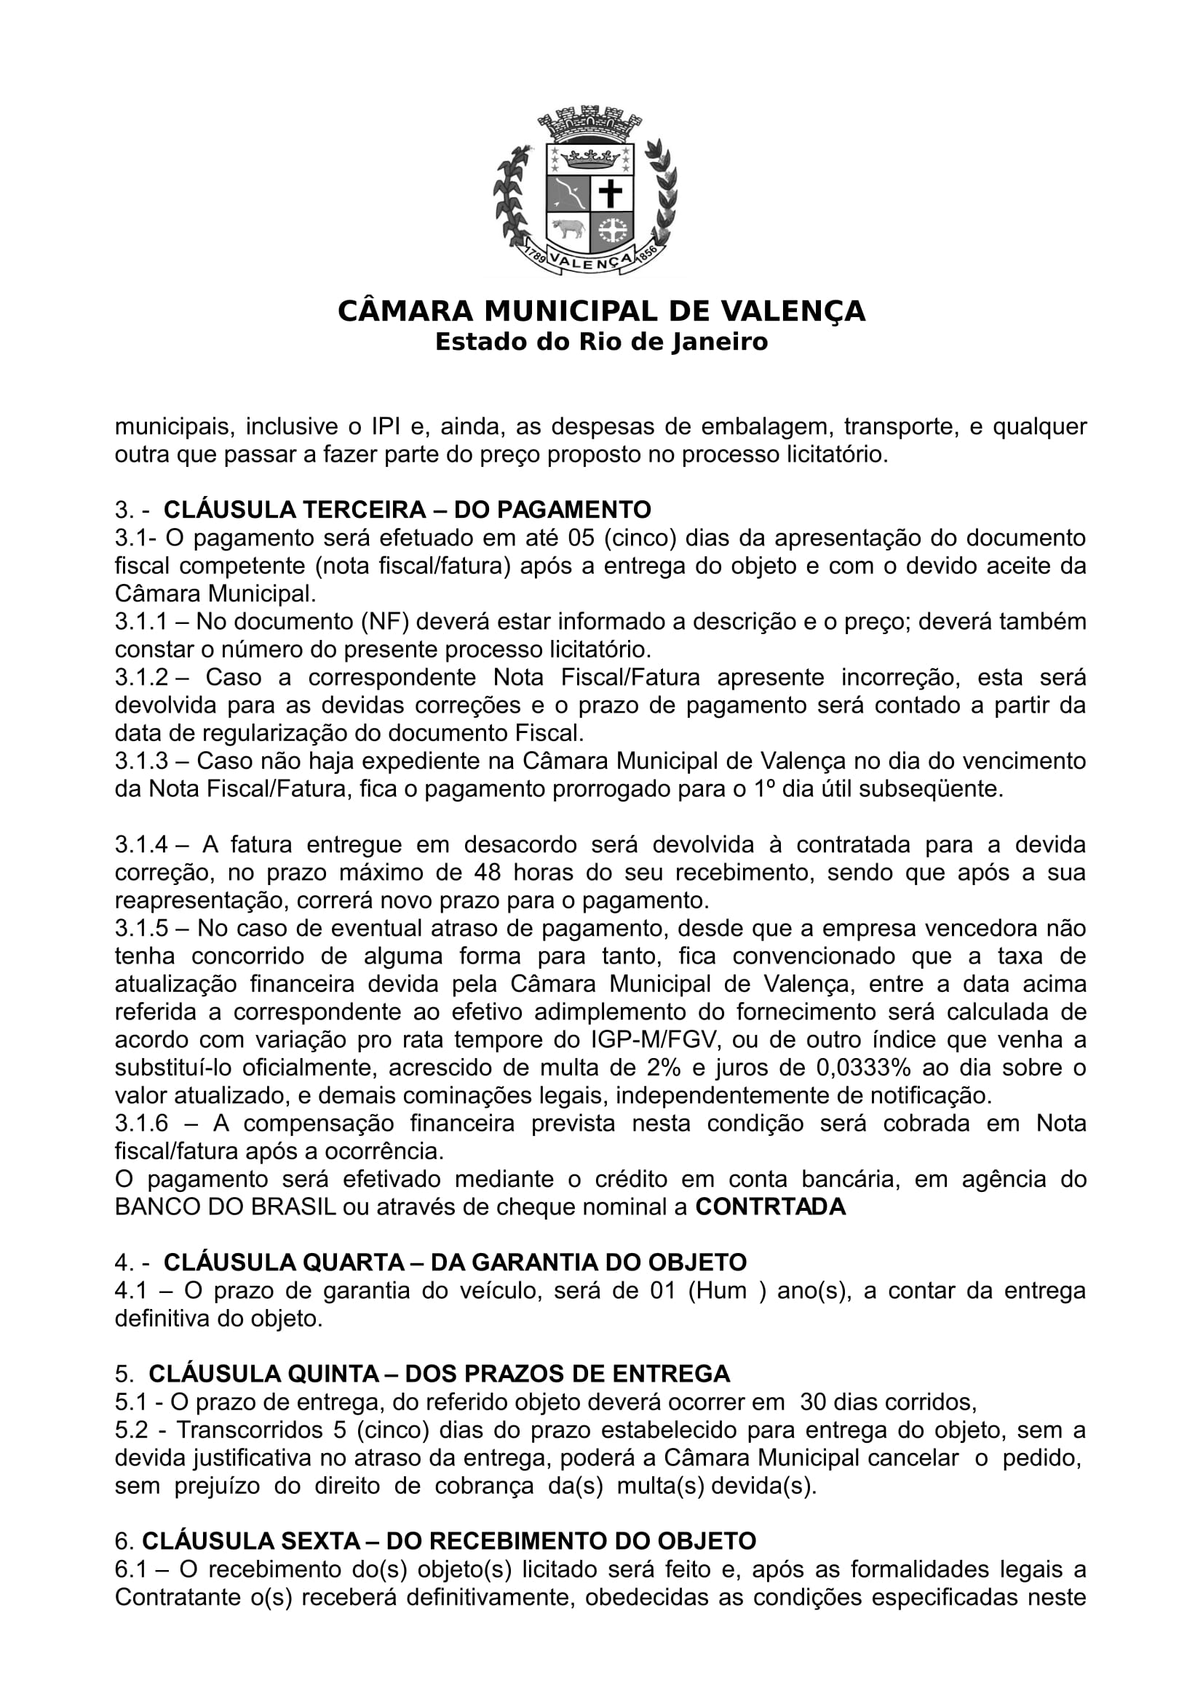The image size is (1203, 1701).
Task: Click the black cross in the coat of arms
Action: click(611, 194)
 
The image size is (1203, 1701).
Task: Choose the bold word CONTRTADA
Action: click(770, 1207)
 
